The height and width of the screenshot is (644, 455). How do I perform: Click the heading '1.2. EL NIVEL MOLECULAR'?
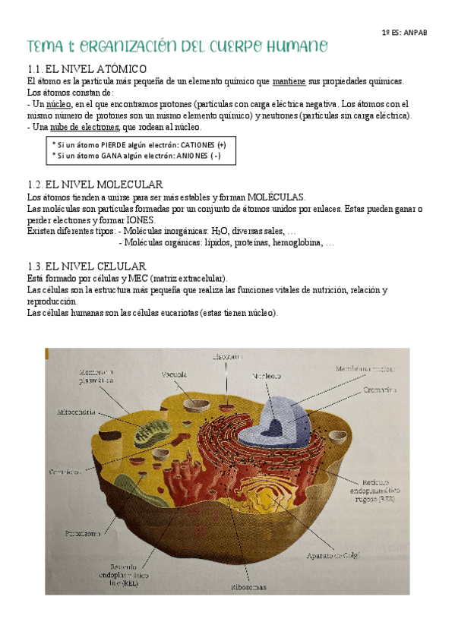point(94,185)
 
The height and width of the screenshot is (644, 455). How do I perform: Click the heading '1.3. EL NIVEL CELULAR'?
point(86,266)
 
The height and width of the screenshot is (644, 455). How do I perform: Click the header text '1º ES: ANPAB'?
point(404,34)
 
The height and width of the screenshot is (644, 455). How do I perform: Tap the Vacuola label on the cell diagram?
point(175,374)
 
